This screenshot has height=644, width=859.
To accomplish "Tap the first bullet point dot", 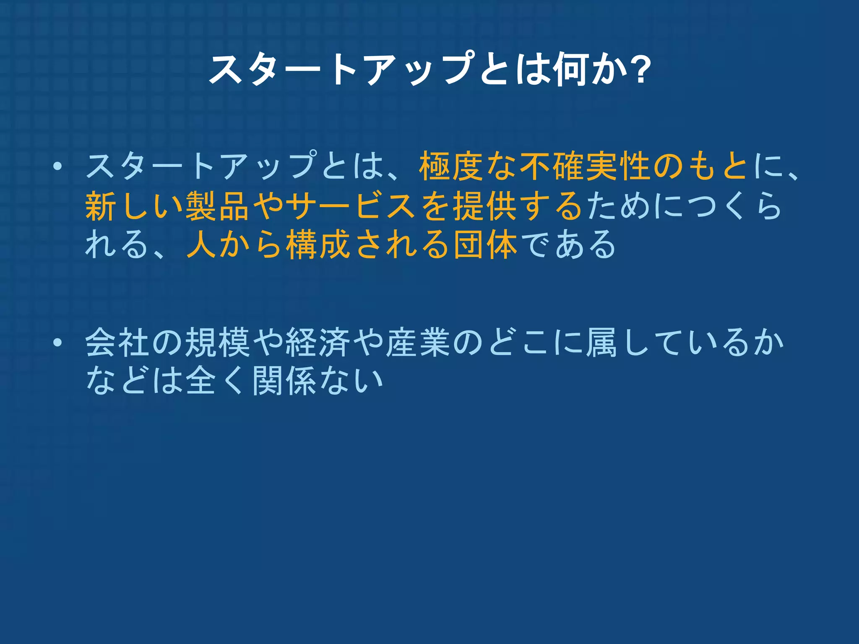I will (x=57, y=167).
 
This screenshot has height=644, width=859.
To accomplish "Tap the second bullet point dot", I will (x=57, y=343).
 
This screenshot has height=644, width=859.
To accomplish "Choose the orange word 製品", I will (x=217, y=206).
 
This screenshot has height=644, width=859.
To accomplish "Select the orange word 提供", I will (x=485, y=206).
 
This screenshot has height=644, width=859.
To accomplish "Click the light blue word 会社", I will (x=117, y=343).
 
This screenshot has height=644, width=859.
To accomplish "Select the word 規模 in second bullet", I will (x=217, y=343).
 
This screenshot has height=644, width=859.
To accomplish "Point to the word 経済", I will (x=318, y=343).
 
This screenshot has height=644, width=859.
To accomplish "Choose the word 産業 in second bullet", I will (x=418, y=343).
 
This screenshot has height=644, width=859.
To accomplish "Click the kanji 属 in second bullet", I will (x=602, y=343).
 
